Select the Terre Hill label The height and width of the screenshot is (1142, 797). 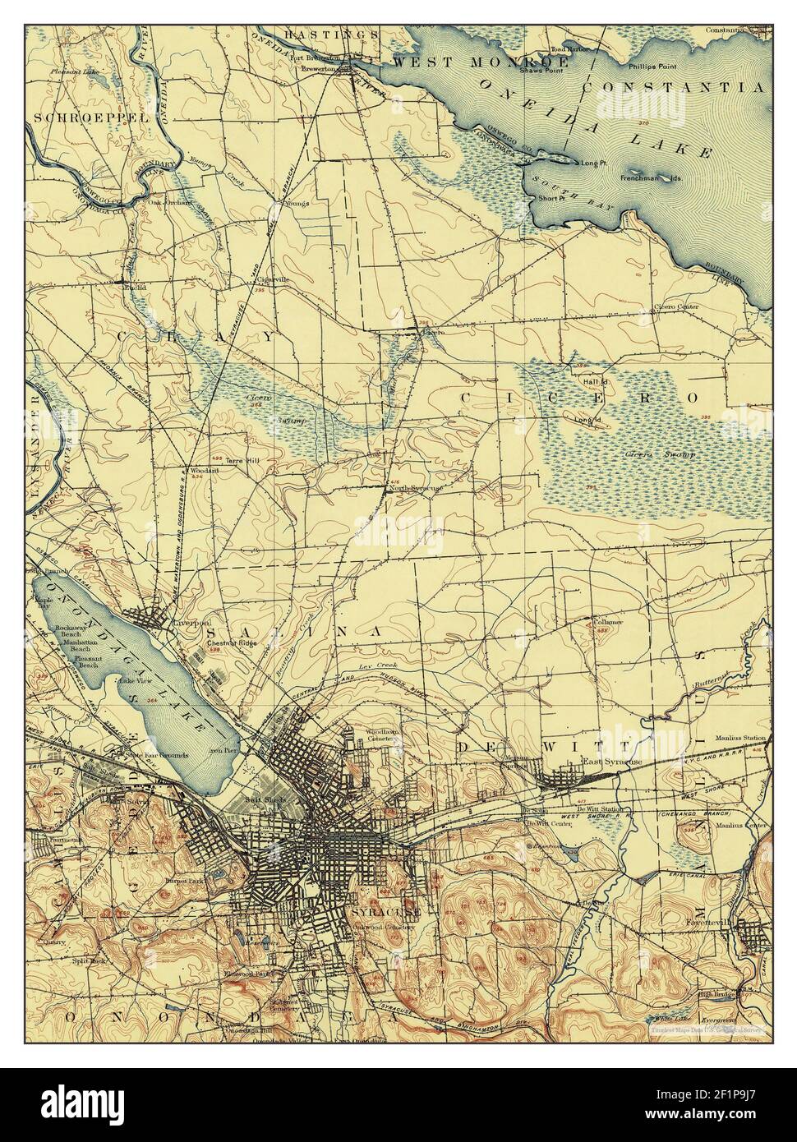click(242, 461)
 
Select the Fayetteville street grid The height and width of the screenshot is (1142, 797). click(752, 933)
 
